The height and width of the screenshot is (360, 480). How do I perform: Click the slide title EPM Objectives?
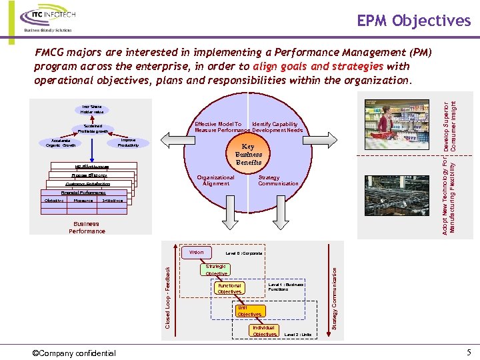tap(413, 21)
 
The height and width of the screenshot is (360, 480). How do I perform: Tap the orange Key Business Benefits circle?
tap(247, 154)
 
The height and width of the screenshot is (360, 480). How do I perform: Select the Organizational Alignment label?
tap(215, 181)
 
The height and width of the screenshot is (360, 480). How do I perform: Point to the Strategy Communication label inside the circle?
tap(278, 181)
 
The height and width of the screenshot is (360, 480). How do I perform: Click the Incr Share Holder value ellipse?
tap(92, 109)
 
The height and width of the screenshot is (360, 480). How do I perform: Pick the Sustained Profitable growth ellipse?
tap(93, 128)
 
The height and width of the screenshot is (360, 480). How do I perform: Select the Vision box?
tap(197, 253)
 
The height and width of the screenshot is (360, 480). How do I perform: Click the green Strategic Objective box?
tap(216, 270)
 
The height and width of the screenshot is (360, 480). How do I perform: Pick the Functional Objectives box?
tap(229, 289)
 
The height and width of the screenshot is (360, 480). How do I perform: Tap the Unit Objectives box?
tap(249, 311)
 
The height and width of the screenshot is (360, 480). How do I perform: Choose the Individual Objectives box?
tap(264, 331)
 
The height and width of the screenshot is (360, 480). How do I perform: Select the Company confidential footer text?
tap(74, 353)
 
